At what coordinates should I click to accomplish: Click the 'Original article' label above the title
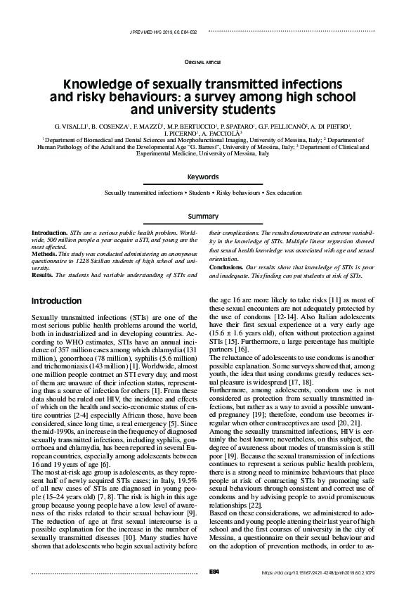pos(209,63)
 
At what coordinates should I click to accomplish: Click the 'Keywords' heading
pos(209,177)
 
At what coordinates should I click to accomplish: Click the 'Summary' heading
pos(209,217)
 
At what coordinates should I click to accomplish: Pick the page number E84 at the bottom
pos(205,574)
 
